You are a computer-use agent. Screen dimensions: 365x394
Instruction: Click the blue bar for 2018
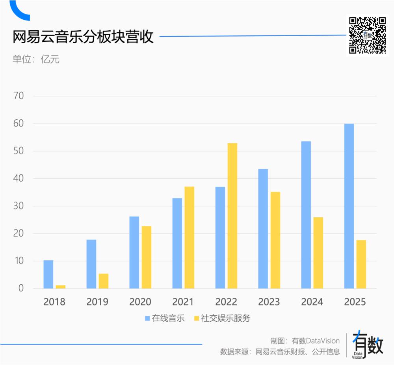pyautogui.click(x=48, y=274)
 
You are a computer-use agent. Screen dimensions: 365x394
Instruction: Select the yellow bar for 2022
pyautogui.click(x=232, y=216)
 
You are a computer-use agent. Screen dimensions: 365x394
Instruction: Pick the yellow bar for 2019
pyautogui.click(x=103, y=281)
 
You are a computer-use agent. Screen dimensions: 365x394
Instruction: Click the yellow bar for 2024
pyautogui.click(x=318, y=253)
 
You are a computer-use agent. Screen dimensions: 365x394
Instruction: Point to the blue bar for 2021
pyautogui.click(x=177, y=243)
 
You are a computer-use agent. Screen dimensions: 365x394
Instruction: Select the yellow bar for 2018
pyautogui.click(x=60, y=287)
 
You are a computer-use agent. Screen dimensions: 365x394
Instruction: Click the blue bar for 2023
pyautogui.click(x=263, y=229)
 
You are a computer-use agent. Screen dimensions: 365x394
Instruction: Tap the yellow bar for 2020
pyautogui.click(x=146, y=257)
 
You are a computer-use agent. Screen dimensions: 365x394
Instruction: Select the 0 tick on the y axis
pyautogui.click(x=21, y=289)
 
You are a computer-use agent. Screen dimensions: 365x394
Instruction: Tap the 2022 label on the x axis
pyautogui.click(x=226, y=302)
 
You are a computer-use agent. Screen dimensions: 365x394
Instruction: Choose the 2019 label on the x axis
pyautogui.click(x=97, y=302)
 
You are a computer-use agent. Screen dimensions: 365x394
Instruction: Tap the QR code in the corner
pyautogui.click(x=367, y=35)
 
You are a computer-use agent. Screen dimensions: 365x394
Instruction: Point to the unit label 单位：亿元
pyautogui.click(x=36, y=59)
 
